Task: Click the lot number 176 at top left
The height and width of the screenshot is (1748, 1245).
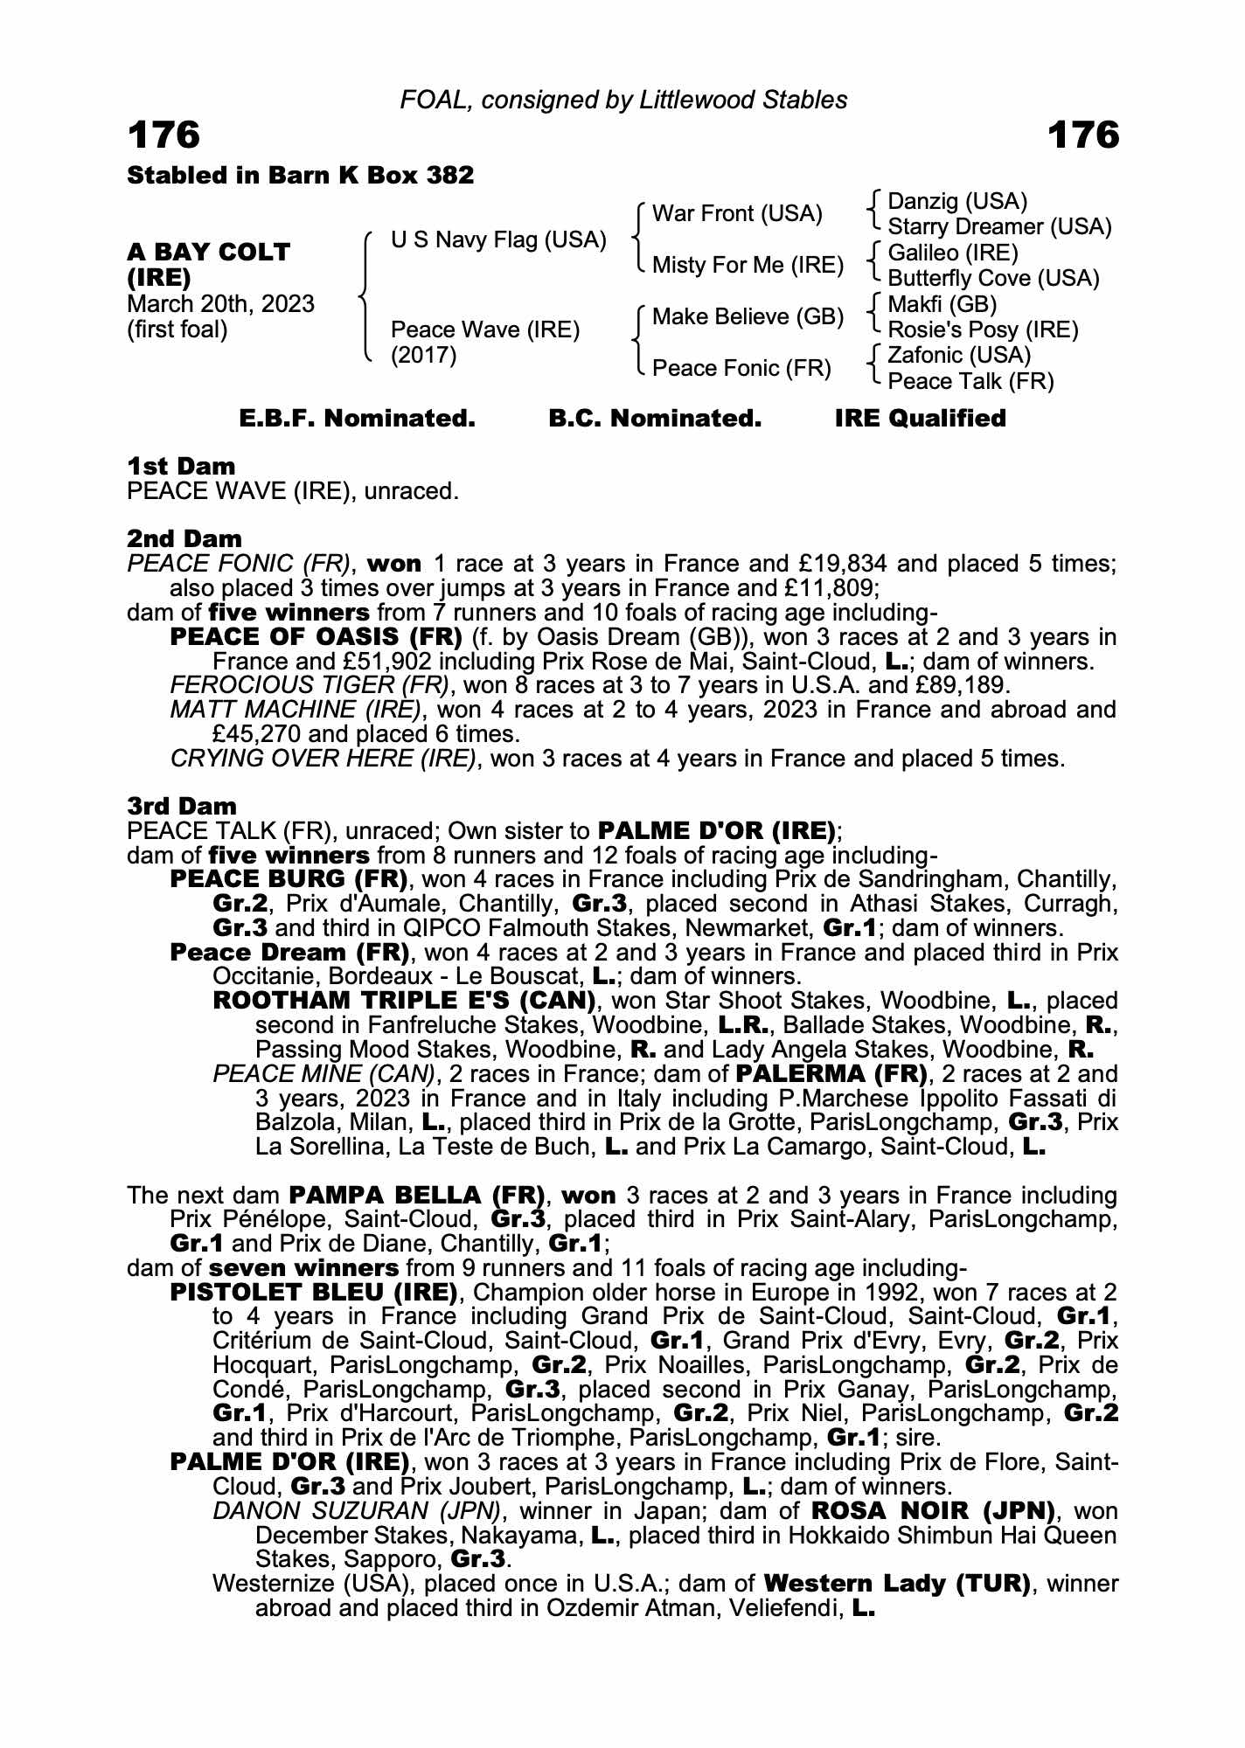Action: click(x=164, y=135)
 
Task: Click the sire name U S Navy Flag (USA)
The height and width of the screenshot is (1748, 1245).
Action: click(x=498, y=239)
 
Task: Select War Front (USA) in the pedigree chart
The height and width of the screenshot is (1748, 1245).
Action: click(x=737, y=214)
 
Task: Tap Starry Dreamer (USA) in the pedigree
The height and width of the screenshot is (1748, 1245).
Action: click(x=999, y=227)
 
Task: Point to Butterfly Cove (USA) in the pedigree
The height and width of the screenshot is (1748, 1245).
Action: click(x=993, y=278)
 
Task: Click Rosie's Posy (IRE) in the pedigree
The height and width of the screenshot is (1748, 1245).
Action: click(x=983, y=329)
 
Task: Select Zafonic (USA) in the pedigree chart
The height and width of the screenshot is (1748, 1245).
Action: click(x=959, y=355)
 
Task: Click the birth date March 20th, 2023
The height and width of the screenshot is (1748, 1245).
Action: click(x=220, y=304)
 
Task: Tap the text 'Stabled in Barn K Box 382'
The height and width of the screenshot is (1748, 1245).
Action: click(x=300, y=176)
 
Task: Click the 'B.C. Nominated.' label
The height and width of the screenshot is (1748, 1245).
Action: click(x=654, y=419)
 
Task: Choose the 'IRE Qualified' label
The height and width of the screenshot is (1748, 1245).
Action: click(x=920, y=419)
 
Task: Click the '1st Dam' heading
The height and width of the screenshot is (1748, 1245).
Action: click(x=181, y=466)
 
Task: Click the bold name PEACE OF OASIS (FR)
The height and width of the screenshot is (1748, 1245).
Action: click(x=316, y=637)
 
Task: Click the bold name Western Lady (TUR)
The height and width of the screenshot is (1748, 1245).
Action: click(x=895, y=1583)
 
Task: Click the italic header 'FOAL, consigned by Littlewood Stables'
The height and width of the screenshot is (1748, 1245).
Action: click(x=623, y=100)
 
